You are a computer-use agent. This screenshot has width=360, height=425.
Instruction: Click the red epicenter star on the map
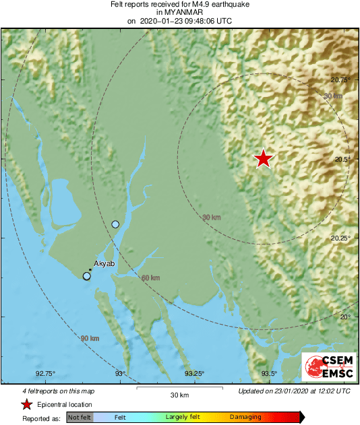click(x=263, y=158)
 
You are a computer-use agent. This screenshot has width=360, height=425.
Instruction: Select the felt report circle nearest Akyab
click(x=86, y=275)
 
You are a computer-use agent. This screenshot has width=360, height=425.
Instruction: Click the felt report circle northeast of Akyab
click(x=115, y=224)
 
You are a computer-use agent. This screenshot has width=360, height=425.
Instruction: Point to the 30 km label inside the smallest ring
click(x=211, y=217)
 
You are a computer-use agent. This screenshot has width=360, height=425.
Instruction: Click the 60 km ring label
click(x=150, y=278)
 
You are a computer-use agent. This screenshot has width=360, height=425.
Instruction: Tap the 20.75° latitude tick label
click(x=341, y=80)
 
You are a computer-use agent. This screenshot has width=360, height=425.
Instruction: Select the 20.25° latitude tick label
click(x=341, y=238)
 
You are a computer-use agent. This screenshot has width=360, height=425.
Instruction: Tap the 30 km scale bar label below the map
click(x=179, y=395)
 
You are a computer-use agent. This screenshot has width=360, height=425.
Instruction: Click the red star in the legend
click(x=26, y=405)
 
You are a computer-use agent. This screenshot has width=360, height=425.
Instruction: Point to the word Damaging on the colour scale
click(x=245, y=418)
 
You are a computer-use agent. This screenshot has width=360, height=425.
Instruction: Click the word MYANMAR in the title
click(x=180, y=13)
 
